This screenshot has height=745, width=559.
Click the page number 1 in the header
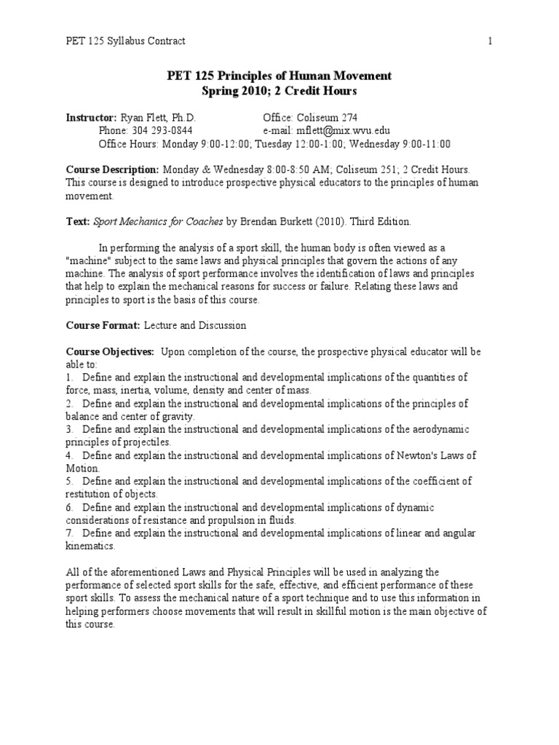[491, 41]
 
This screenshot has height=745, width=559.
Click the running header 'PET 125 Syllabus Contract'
[125, 41]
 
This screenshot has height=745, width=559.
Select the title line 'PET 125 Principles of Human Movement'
[279, 76]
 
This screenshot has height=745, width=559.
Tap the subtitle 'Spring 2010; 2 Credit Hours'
[279, 91]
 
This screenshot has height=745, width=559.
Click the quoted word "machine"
[89, 260]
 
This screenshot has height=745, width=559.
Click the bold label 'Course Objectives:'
[110, 351]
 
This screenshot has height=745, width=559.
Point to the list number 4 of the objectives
[68, 456]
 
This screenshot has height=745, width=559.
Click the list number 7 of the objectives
[68, 534]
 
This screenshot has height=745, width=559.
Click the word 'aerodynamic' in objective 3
[439, 430]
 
